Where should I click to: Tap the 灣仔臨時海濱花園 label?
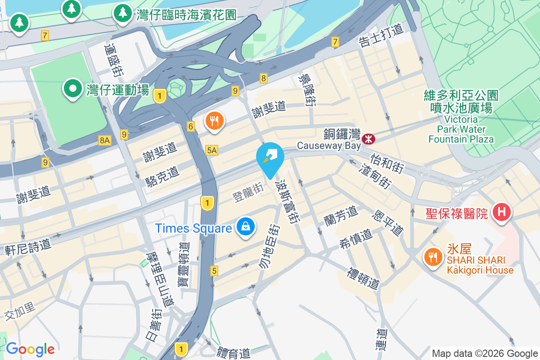tap(186, 14)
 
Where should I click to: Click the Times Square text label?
tap(193, 228)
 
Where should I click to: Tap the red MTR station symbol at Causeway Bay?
tap(369, 139)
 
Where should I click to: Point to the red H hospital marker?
tap(502, 211)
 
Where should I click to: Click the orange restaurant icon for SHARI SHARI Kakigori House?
tap(433, 258)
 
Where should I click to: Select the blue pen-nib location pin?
tap(270, 157)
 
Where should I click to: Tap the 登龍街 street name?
tap(247, 191)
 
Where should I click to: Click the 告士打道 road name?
tap(381, 36)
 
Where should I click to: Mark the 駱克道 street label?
tap(162, 176)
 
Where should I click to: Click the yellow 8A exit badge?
tap(104, 140)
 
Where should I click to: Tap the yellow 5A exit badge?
tap(211, 150)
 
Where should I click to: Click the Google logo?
tap(30, 349)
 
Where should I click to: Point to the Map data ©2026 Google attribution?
tap(485, 353)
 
